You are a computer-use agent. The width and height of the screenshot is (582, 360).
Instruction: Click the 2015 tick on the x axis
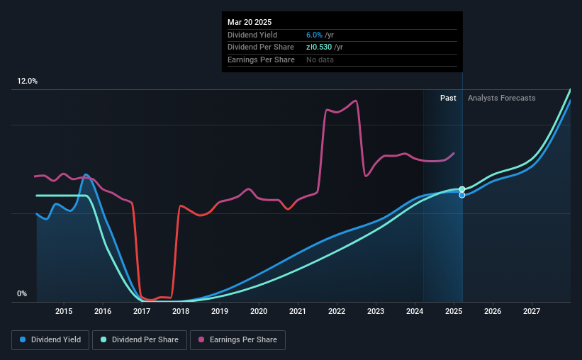(x=64, y=311)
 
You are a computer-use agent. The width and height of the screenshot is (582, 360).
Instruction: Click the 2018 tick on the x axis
(x=181, y=311)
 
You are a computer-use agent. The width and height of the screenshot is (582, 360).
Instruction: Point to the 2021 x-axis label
(x=298, y=311)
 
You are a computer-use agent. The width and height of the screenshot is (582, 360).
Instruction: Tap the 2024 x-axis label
(x=415, y=311)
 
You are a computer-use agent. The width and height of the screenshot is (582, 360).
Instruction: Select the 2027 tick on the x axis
(x=532, y=311)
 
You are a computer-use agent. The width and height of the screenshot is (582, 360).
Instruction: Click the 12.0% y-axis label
(x=27, y=81)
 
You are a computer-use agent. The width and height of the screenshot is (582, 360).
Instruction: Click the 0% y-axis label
(x=22, y=294)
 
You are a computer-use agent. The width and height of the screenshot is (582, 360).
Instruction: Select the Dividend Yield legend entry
(x=50, y=340)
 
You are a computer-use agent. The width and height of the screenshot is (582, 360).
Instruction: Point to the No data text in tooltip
(x=320, y=60)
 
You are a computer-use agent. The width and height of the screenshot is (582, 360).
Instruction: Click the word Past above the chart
(x=448, y=98)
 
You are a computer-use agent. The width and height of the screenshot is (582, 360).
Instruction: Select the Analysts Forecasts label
(x=501, y=98)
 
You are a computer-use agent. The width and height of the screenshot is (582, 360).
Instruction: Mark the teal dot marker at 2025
(x=462, y=189)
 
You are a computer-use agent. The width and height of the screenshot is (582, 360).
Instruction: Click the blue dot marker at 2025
(x=462, y=195)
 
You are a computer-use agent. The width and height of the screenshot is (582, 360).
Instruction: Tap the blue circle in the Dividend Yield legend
(x=23, y=340)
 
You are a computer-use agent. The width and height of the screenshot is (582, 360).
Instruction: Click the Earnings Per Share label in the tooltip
(x=261, y=60)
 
